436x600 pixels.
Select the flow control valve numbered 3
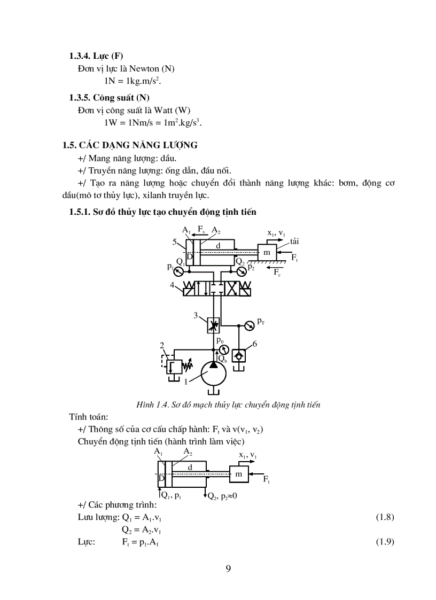click(x=214, y=324)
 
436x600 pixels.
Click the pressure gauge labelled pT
click(x=248, y=325)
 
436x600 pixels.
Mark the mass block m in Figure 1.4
click(x=267, y=252)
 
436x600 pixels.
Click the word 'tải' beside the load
click(x=294, y=242)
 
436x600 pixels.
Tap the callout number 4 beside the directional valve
click(x=173, y=285)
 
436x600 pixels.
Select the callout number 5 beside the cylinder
click(x=174, y=242)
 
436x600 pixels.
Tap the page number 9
click(x=229, y=568)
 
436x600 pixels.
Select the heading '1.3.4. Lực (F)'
click(x=97, y=56)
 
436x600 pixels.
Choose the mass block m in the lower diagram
click(x=239, y=474)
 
